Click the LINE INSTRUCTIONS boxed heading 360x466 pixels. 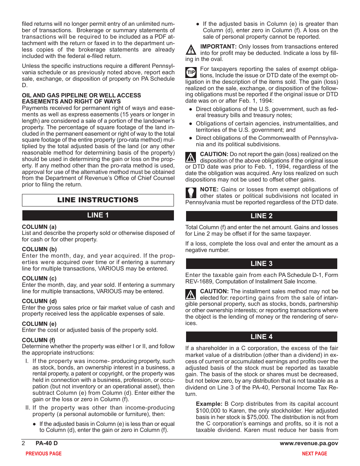[98, 200]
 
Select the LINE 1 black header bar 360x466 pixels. [98, 215]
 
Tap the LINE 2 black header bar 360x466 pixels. [261, 216]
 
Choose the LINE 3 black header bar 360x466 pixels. [261, 264]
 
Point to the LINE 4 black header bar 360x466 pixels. [261, 337]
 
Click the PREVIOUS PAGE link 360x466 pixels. [43, 453]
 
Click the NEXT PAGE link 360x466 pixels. [314, 453]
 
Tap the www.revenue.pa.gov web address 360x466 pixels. [309, 443]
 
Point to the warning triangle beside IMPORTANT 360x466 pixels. [191, 50]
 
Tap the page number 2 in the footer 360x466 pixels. [23, 443]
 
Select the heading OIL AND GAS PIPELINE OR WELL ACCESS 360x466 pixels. [81, 95]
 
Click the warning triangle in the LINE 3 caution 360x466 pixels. [191, 294]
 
